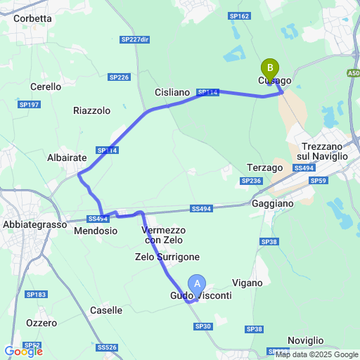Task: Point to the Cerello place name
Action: [46, 86]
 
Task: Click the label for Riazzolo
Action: [92, 110]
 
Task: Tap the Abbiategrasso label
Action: [33, 225]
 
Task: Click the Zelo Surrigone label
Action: [167, 257]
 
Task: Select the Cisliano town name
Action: [172, 92]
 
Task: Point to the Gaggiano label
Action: [272, 203]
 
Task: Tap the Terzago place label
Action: [265, 167]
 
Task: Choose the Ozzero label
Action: [41, 323]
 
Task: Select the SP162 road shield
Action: [239, 16]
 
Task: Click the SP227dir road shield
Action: [135, 39]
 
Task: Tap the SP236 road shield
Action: [251, 181]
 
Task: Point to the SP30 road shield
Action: [203, 326]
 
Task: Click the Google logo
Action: [23, 351]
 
